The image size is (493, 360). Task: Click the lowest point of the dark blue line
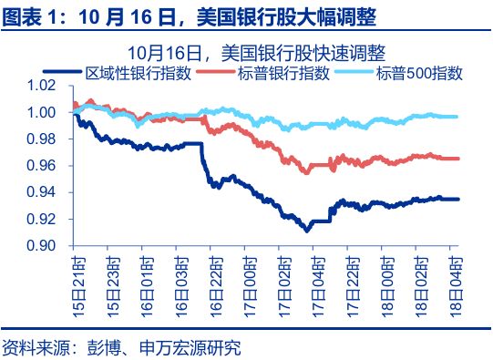click(306, 231)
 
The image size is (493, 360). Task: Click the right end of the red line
click(457, 159)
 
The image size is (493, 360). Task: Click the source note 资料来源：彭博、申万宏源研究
click(123, 346)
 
